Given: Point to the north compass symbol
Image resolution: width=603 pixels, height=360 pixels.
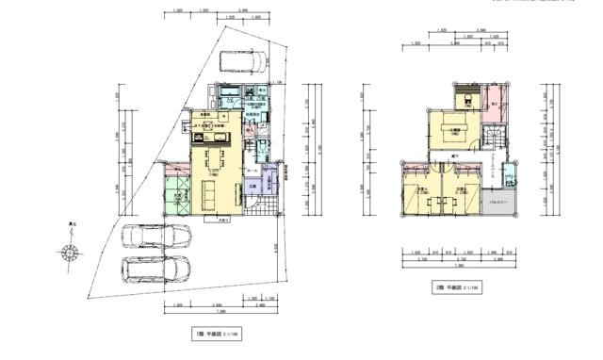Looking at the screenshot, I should click(x=67, y=252).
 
